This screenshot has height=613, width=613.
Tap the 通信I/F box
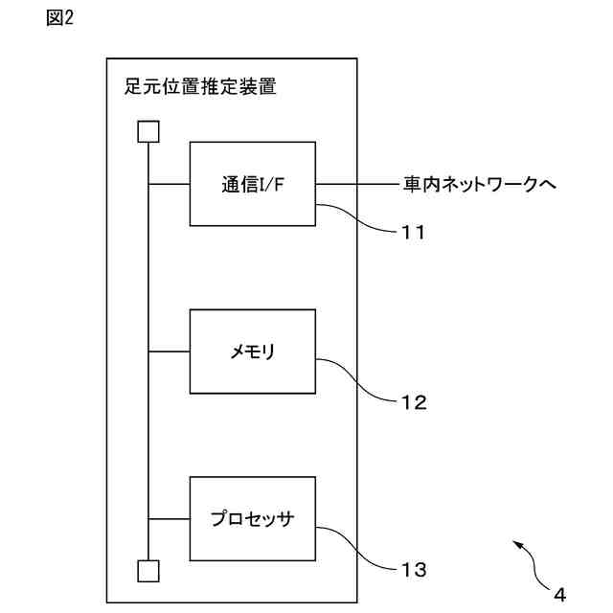coord(253,184)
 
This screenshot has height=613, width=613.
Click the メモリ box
coord(253,352)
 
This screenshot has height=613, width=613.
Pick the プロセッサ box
coord(253,519)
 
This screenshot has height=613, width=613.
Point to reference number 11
coord(413,232)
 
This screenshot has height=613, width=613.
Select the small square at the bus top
coord(148,130)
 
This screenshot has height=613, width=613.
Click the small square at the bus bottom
coord(148,572)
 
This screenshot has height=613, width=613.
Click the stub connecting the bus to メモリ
coord(170,352)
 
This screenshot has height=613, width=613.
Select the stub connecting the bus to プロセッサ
coord(170,519)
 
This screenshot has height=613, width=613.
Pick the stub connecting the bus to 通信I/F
coord(170,184)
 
